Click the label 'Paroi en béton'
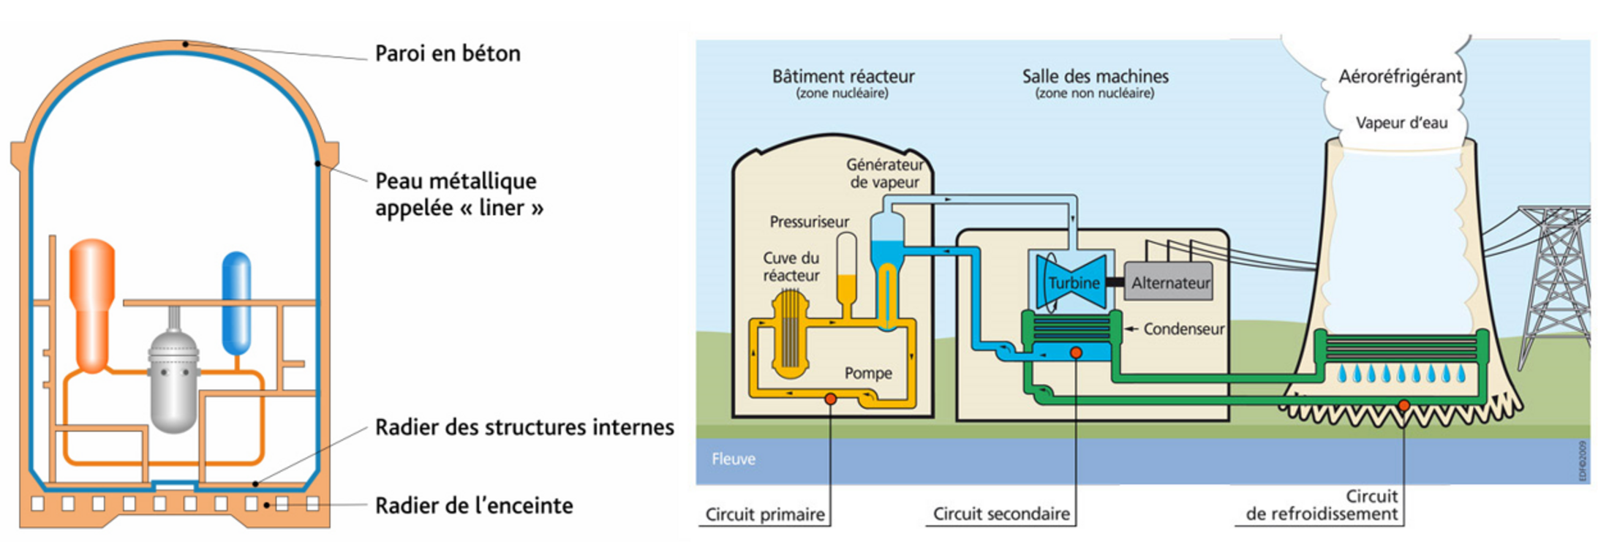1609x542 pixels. [448, 53]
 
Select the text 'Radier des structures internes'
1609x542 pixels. [524, 427]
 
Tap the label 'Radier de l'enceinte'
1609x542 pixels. [474, 505]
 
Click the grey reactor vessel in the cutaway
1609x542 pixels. [173, 380]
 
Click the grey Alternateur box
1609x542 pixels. [1169, 282]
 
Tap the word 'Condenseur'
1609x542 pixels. [1183, 329]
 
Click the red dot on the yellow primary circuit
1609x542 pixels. [831, 399]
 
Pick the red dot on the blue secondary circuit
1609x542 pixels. [1076, 353]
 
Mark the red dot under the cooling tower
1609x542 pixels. [1403, 405]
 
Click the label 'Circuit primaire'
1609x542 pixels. [765, 515]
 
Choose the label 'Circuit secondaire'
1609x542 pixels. [1001, 514]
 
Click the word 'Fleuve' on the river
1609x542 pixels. [734, 459]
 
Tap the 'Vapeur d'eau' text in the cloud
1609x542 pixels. [1401, 123]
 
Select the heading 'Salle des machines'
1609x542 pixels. [1095, 76]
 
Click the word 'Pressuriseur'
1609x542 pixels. [809, 222]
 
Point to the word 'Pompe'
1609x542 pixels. [868, 373]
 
